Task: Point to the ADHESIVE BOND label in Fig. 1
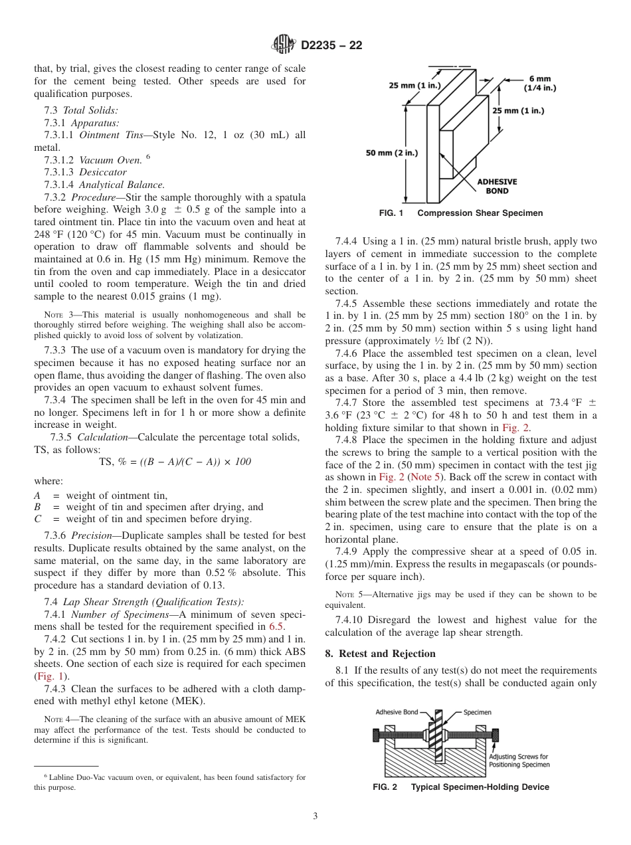(497, 185)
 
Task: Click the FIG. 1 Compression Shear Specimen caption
(460, 213)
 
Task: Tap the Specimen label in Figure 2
(477, 712)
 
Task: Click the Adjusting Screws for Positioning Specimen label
(519, 760)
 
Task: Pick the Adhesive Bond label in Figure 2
(397, 712)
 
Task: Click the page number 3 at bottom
(315, 816)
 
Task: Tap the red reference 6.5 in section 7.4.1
(277, 626)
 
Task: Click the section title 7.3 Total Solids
(81, 110)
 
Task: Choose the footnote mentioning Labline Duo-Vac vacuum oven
(169, 781)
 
